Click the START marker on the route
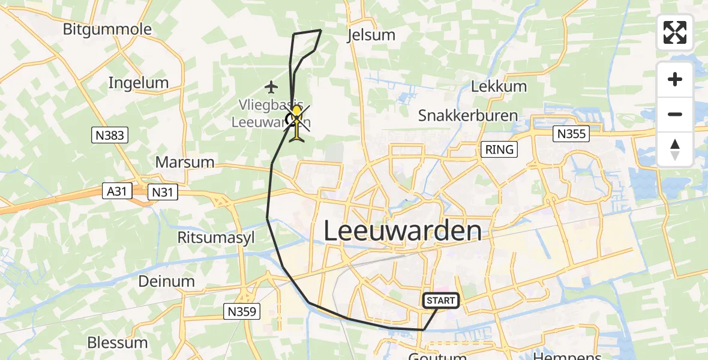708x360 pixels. (441, 301)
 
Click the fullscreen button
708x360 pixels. (675, 32)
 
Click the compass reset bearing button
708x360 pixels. (675, 149)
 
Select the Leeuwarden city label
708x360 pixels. (403, 231)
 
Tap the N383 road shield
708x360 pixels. (109, 135)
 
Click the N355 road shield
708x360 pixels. (570, 134)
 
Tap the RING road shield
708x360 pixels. (500, 149)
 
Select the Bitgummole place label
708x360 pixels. (107, 29)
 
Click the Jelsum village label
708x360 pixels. (371, 35)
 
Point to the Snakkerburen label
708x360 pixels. (467, 115)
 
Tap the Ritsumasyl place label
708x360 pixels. (216, 238)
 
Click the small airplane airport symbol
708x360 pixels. (272, 88)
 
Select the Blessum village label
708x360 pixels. (117, 343)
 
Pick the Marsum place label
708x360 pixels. (185, 162)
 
